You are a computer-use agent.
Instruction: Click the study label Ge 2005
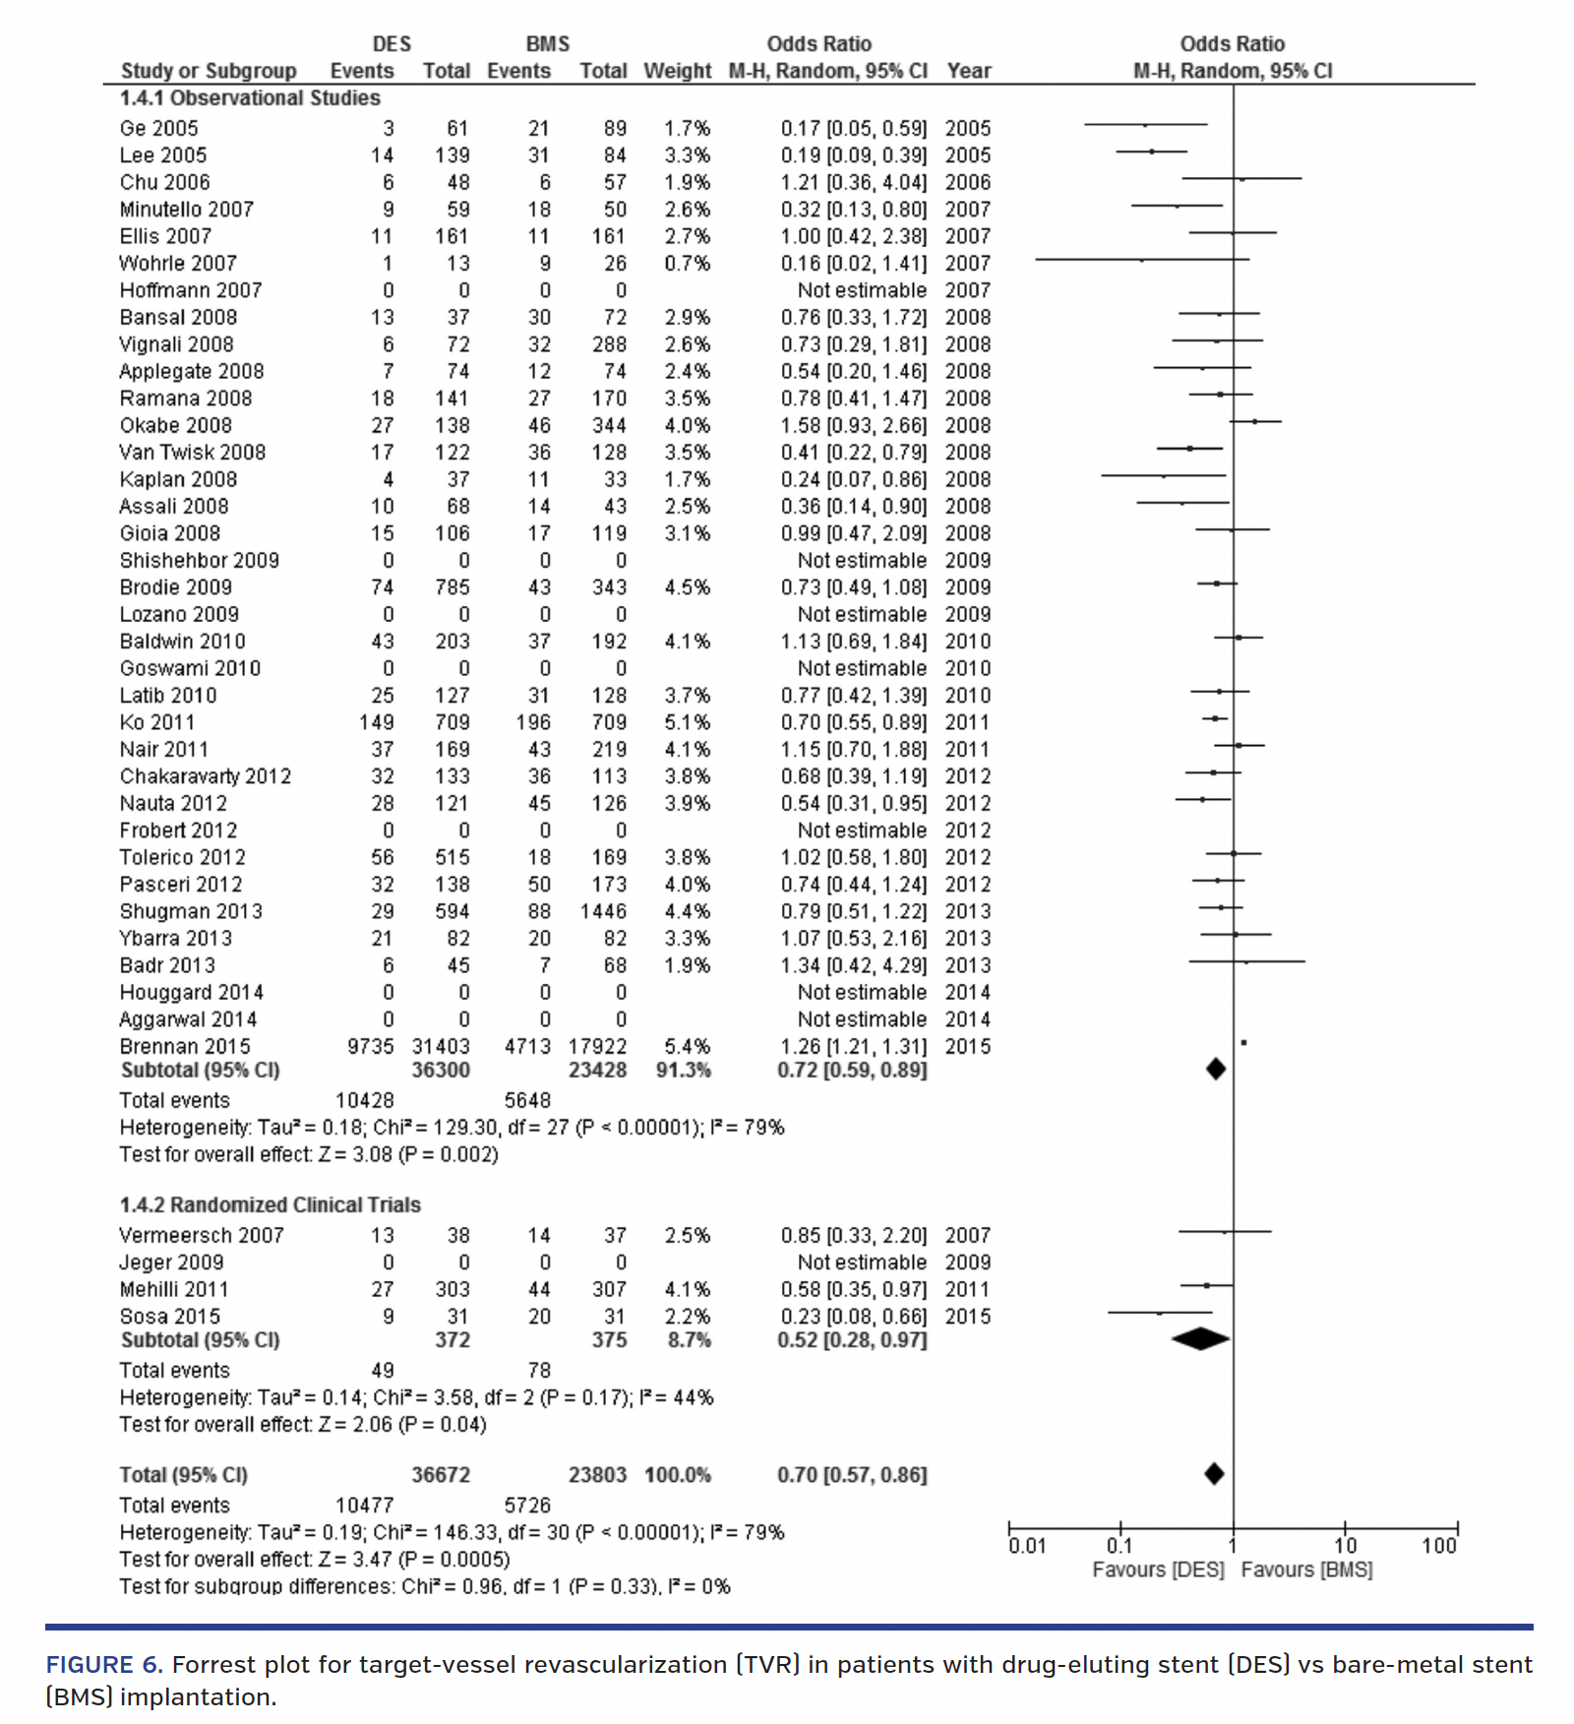[x=158, y=129]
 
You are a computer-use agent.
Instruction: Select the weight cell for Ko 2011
[x=687, y=723]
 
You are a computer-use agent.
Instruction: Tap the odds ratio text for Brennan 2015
[x=853, y=1047]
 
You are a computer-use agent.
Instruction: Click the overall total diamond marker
[x=1214, y=1474]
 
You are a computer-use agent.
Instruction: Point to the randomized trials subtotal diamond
[x=1200, y=1339]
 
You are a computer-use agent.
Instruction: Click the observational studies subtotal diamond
[x=1216, y=1069]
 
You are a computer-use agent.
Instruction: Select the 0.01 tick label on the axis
[x=1027, y=1546]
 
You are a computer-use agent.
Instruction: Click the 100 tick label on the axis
[x=1438, y=1546]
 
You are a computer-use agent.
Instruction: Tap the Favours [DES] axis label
[x=1158, y=1570]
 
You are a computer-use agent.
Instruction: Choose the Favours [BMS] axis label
[x=1306, y=1570]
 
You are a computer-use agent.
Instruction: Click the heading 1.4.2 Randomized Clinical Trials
[x=270, y=1205]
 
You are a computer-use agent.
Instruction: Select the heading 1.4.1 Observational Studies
[x=250, y=98]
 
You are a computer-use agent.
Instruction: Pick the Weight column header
[x=677, y=71]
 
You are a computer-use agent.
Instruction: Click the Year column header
[x=969, y=71]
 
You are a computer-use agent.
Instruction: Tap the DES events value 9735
[x=370, y=1047]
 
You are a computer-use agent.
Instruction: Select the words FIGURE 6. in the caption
[x=104, y=1665]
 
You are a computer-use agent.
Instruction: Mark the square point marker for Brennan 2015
[x=1244, y=1042]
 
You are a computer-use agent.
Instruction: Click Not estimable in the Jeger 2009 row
[x=862, y=1262]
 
